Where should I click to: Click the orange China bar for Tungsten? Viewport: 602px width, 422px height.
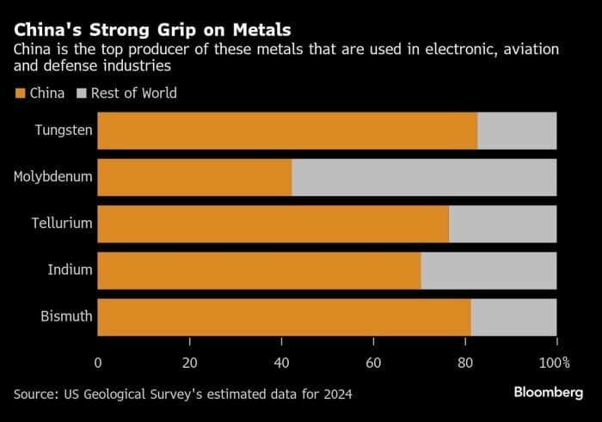pyautogui.click(x=287, y=131)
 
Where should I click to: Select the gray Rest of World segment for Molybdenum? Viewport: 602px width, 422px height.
pyautogui.click(x=424, y=177)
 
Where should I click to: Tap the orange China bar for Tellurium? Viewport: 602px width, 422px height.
pyautogui.click(x=273, y=223)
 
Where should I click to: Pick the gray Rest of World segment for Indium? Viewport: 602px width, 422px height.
pyautogui.click(x=488, y=271)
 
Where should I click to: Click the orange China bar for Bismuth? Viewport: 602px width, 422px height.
pyautogui.click(x=284, y=317)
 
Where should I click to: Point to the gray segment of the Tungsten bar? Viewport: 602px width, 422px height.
pyautogui.click(x=517, y=131)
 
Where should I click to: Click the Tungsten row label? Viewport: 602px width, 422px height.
pyautogui.click(x=64, y=131)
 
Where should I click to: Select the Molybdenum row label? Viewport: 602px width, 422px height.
pyautogui.click(x=53, y=177)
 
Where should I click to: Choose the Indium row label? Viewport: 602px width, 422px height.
pyautogui.click(x=70, y=271)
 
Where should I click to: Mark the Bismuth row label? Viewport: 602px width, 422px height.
pyautogui.click(x=66, y=317)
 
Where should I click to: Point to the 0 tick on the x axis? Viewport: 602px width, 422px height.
pyautogui.click(x=98, y=362)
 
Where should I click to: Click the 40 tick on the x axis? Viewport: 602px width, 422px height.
pyautogui.click(x=281, y=362)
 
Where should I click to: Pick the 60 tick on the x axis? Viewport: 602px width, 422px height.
pyautogui.click(x=373, y=362)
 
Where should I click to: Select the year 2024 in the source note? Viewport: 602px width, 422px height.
pyautogui.click(x=335, y=394)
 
